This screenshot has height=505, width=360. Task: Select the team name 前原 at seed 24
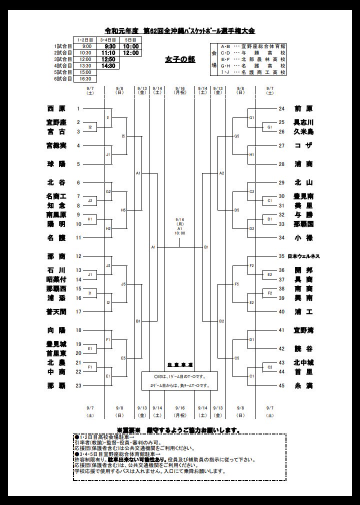pyautogui.click(x=303, y=108)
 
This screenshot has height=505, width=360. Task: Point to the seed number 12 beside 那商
pyautogui.click(x=78, y=256)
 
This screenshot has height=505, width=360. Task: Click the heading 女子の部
pyautogui.click(x=180, y=59)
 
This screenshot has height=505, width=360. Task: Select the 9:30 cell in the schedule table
pyautogui.click(x=110, y=46)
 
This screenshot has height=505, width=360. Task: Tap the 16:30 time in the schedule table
pyautogui.click(x=85, y=78)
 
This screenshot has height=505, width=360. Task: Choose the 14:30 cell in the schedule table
pyautogui.click(x=110, y=65)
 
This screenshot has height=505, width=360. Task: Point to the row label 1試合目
pyautogui.click(x=63, y=46)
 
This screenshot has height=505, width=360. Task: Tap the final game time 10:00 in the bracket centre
pyautogui.click(x=180, y=233)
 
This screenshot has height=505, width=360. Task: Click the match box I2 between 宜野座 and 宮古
pyautogui.click(x=90, y=127)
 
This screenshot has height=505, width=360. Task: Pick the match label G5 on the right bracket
pyautogui.click(x=237, y=136)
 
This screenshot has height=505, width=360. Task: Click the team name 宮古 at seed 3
pyautogui.click(x=55, y=131)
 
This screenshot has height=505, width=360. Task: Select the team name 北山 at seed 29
pyautogui.click(x=303, y=182)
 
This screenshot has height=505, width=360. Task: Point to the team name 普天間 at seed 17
pyautogui.click(x=55, y=311)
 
